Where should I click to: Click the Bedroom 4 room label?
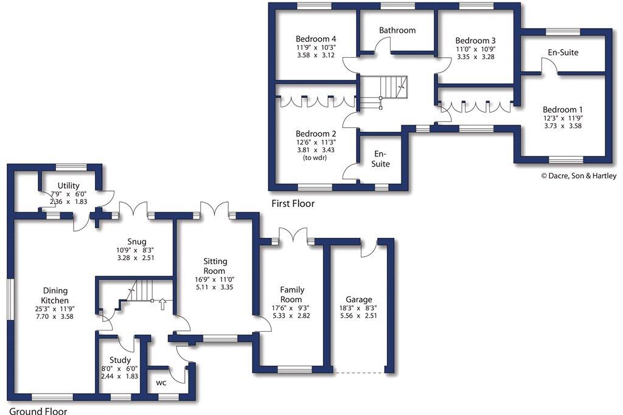pyautogui.click(x=316, y=36)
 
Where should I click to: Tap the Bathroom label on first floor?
pyautogui.click(x=397, y=30)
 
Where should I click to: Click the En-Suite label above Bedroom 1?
pyautogui.click(x=563, y=53)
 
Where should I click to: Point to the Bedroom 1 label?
pyautogui.click(x=563, y=110)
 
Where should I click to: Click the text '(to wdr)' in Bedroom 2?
pyautogui.click(x=316, y=158)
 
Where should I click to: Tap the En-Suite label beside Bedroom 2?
pyautogui.click(x=381, y=159)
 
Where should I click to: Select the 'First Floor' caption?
pyautogui.click(x=294, y=204)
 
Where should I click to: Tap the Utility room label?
pyautogui.click(x=69, y=186)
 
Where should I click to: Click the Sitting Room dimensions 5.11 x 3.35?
pyautogui.click(x=215, y=287)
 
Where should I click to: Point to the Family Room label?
pyautogui.click(x=292, y=295)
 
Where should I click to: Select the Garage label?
pyautogui.click(x=359, y=300)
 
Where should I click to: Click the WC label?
pyautogui.click(x=161, y=383)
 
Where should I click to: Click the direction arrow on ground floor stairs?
pyautogui.click(x=162, y=304)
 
